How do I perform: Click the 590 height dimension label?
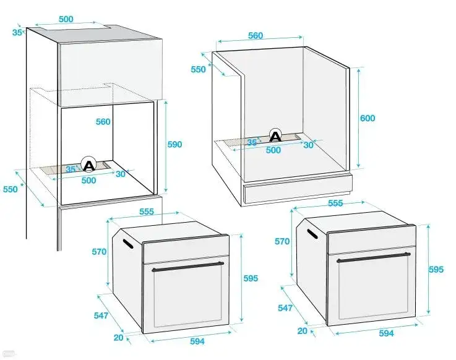[174, 145]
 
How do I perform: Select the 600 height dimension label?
[368, 118]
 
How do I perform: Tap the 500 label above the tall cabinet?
[66, 19]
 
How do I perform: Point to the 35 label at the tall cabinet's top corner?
[17, 32]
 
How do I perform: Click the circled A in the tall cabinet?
[88, 165]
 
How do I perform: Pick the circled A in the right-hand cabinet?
[275, 135]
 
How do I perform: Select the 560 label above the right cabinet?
[256, 36]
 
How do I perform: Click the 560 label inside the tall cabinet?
[103, 122]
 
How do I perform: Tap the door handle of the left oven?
[188, 267]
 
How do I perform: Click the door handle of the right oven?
[374, 257]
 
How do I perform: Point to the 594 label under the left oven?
[197, 341]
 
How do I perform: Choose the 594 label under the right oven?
[386, 333]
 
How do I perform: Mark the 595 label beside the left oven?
[251, 278]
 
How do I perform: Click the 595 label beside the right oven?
[436, 270]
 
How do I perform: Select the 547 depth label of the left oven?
[101, 315]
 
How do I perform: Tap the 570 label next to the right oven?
[282, 241]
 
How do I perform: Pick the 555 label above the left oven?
[147, 212]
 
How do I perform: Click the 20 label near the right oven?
[303, 331]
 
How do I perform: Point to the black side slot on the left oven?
[128, 244]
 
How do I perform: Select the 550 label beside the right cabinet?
[199, 69]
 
